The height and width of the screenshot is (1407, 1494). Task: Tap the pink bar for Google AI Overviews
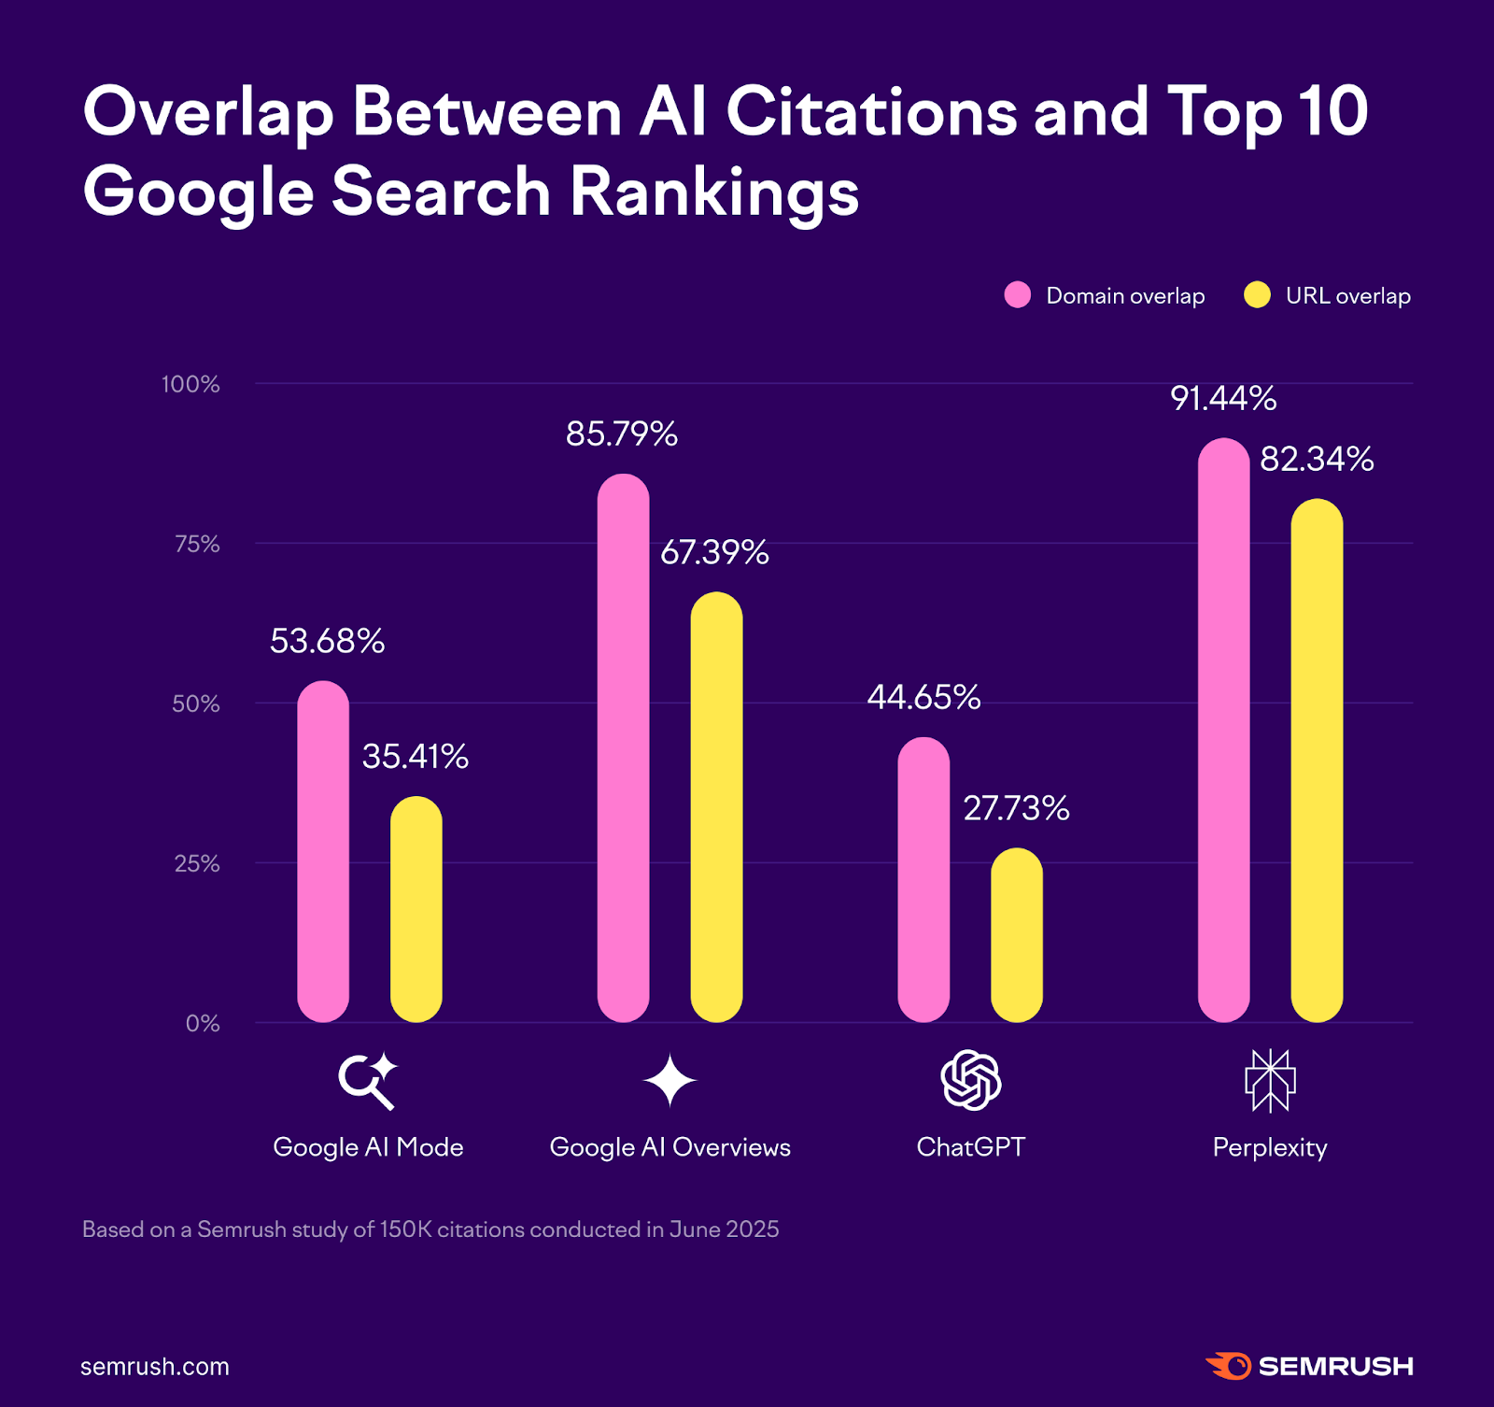coord(623,747)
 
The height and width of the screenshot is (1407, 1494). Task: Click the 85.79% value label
coord(622,434)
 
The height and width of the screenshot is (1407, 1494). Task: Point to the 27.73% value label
coord(1016,808)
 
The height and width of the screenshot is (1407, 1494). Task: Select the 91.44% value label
coord(1223,399)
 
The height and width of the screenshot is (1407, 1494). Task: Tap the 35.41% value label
coord(416,757)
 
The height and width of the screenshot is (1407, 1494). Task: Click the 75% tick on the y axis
coord(197,544)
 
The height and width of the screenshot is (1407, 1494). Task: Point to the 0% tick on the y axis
coord(203,1023)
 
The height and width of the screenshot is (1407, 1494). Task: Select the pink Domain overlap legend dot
coord(1017,295)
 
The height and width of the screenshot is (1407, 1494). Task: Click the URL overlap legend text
coord(1347,296)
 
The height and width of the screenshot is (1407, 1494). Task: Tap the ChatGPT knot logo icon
coord(971,1080)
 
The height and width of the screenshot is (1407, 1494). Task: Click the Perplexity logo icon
coord(1270,1080)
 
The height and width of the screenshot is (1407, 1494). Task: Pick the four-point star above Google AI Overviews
coord(669,1081)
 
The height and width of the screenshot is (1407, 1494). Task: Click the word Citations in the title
coord(871,112)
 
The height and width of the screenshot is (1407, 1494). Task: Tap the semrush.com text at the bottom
coord(155,1367)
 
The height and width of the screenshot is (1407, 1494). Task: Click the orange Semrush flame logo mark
coord(1229,1366)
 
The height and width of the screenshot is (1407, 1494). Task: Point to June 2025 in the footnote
coord(724,1229)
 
